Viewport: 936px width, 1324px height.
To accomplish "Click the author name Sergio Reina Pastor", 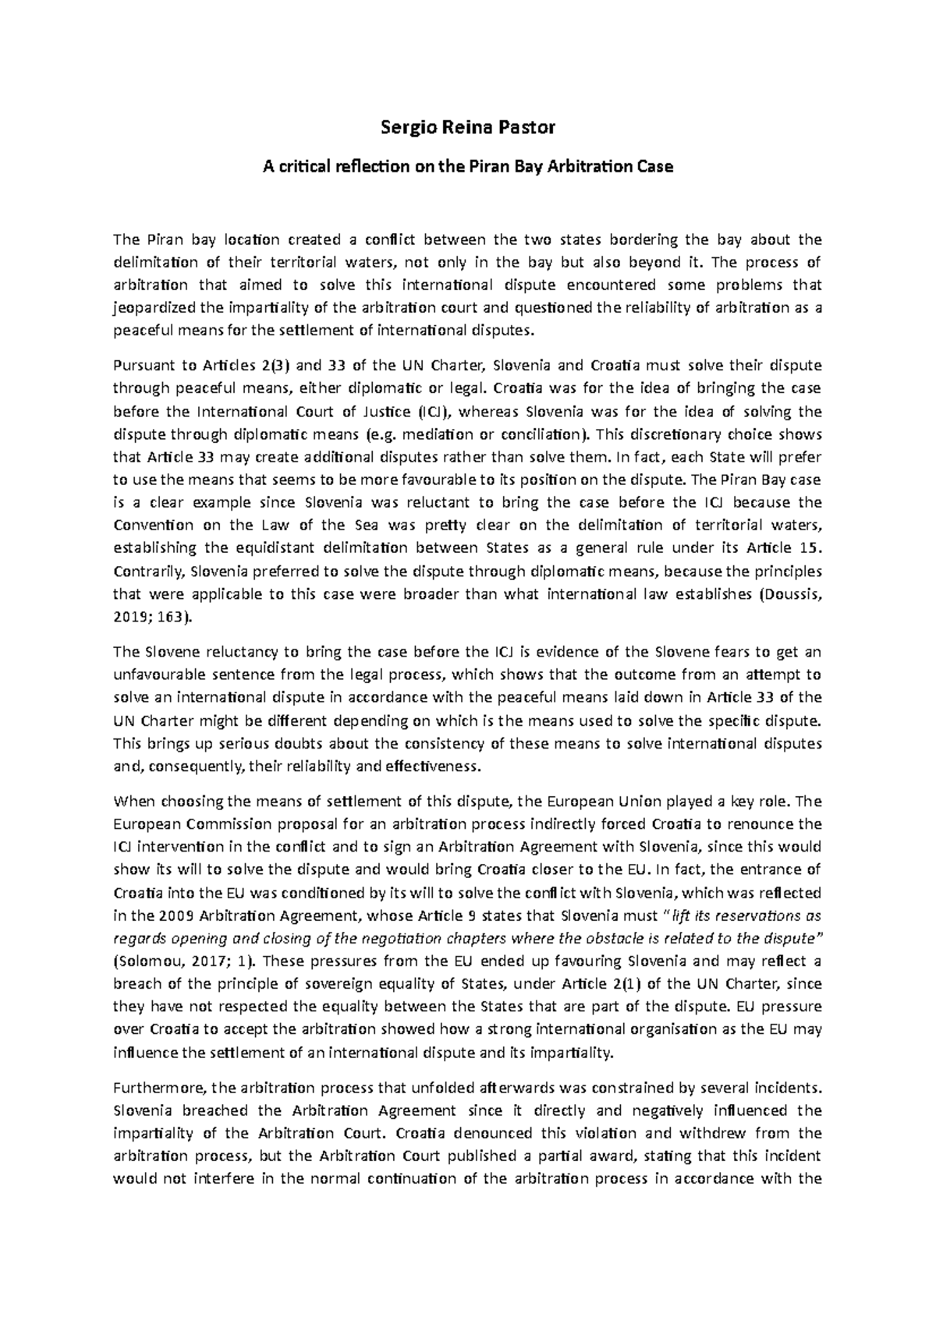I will coord(468,127).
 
